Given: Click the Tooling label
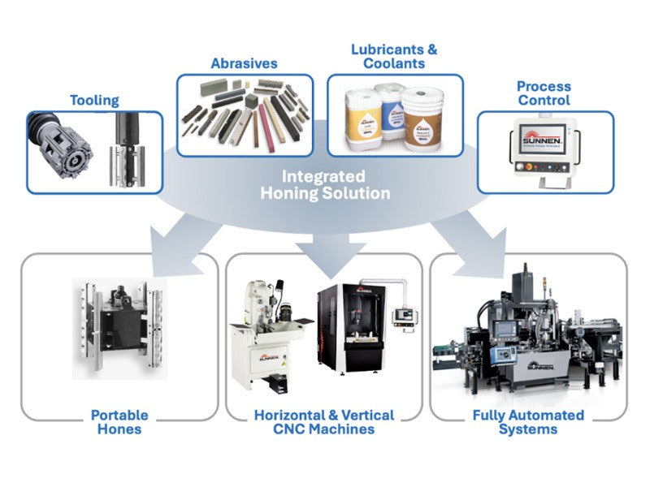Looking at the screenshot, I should (94, 101).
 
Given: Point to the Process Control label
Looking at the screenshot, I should (544, 93).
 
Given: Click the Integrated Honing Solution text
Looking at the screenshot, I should (324, 185).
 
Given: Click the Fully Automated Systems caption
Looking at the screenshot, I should (528, 422).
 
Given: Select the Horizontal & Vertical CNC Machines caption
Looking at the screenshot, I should (324, 422).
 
